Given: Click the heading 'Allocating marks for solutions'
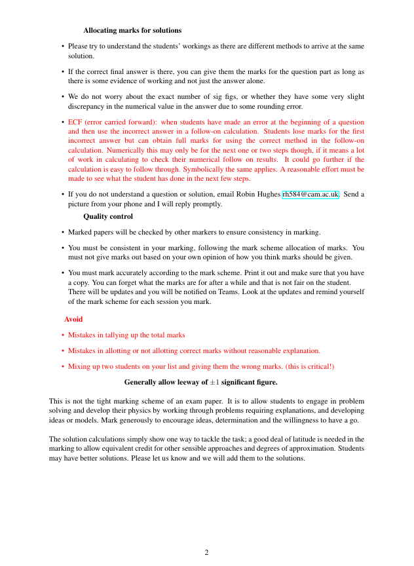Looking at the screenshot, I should tap(132, 30).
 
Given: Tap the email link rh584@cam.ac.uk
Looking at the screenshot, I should tap(310, 195).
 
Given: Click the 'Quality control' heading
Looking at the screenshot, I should tap(108, 216).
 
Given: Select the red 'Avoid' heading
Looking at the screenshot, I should tap(73, 319).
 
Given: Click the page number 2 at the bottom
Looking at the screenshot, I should tap(206, 552).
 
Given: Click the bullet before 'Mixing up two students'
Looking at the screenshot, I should tap(62, 366).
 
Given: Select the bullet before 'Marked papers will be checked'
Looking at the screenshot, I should tap(62, 232).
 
